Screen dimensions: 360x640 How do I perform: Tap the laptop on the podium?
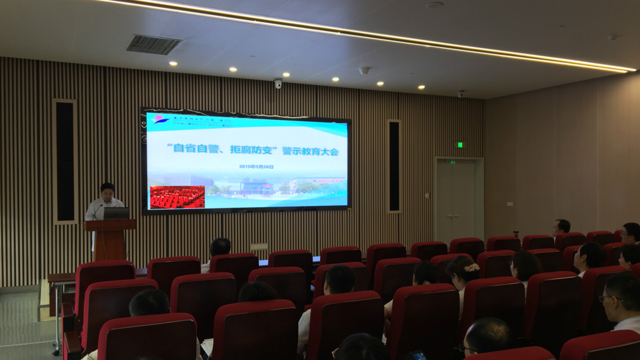pos(116,213)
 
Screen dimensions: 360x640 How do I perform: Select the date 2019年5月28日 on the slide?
pos(256,166)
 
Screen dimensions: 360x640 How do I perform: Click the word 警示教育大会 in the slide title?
pos(310,151)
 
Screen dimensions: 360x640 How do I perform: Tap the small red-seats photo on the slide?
pos(177,197)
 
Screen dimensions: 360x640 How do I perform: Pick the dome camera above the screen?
pos(278,83)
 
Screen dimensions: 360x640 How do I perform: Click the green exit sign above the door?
pos(460,144)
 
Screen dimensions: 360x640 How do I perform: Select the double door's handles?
pos(453,216)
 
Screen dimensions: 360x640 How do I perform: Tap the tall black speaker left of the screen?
pos(65,161)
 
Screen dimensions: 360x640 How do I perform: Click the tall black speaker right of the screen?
pos(394,166)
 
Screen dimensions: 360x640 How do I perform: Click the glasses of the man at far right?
pos(609,298)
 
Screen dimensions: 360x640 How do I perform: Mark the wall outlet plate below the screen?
pos(259,246)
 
